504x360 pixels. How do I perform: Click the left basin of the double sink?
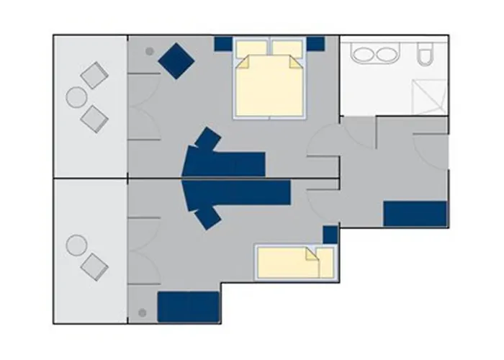360,55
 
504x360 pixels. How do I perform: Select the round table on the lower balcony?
76,246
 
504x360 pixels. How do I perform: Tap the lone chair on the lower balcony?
94,266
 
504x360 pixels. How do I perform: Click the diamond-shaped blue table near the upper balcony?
176,60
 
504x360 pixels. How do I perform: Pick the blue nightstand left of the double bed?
223,44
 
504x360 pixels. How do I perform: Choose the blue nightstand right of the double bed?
315,44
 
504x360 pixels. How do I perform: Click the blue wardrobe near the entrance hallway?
415,214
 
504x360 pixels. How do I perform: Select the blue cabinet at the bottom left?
188,306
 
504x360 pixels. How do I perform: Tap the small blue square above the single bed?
330,234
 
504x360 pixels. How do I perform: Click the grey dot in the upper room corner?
149,51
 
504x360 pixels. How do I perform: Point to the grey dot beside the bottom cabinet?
142,313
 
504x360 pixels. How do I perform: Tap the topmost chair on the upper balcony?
94,74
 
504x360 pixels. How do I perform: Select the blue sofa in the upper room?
223,163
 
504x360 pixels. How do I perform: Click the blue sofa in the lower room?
238,193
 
